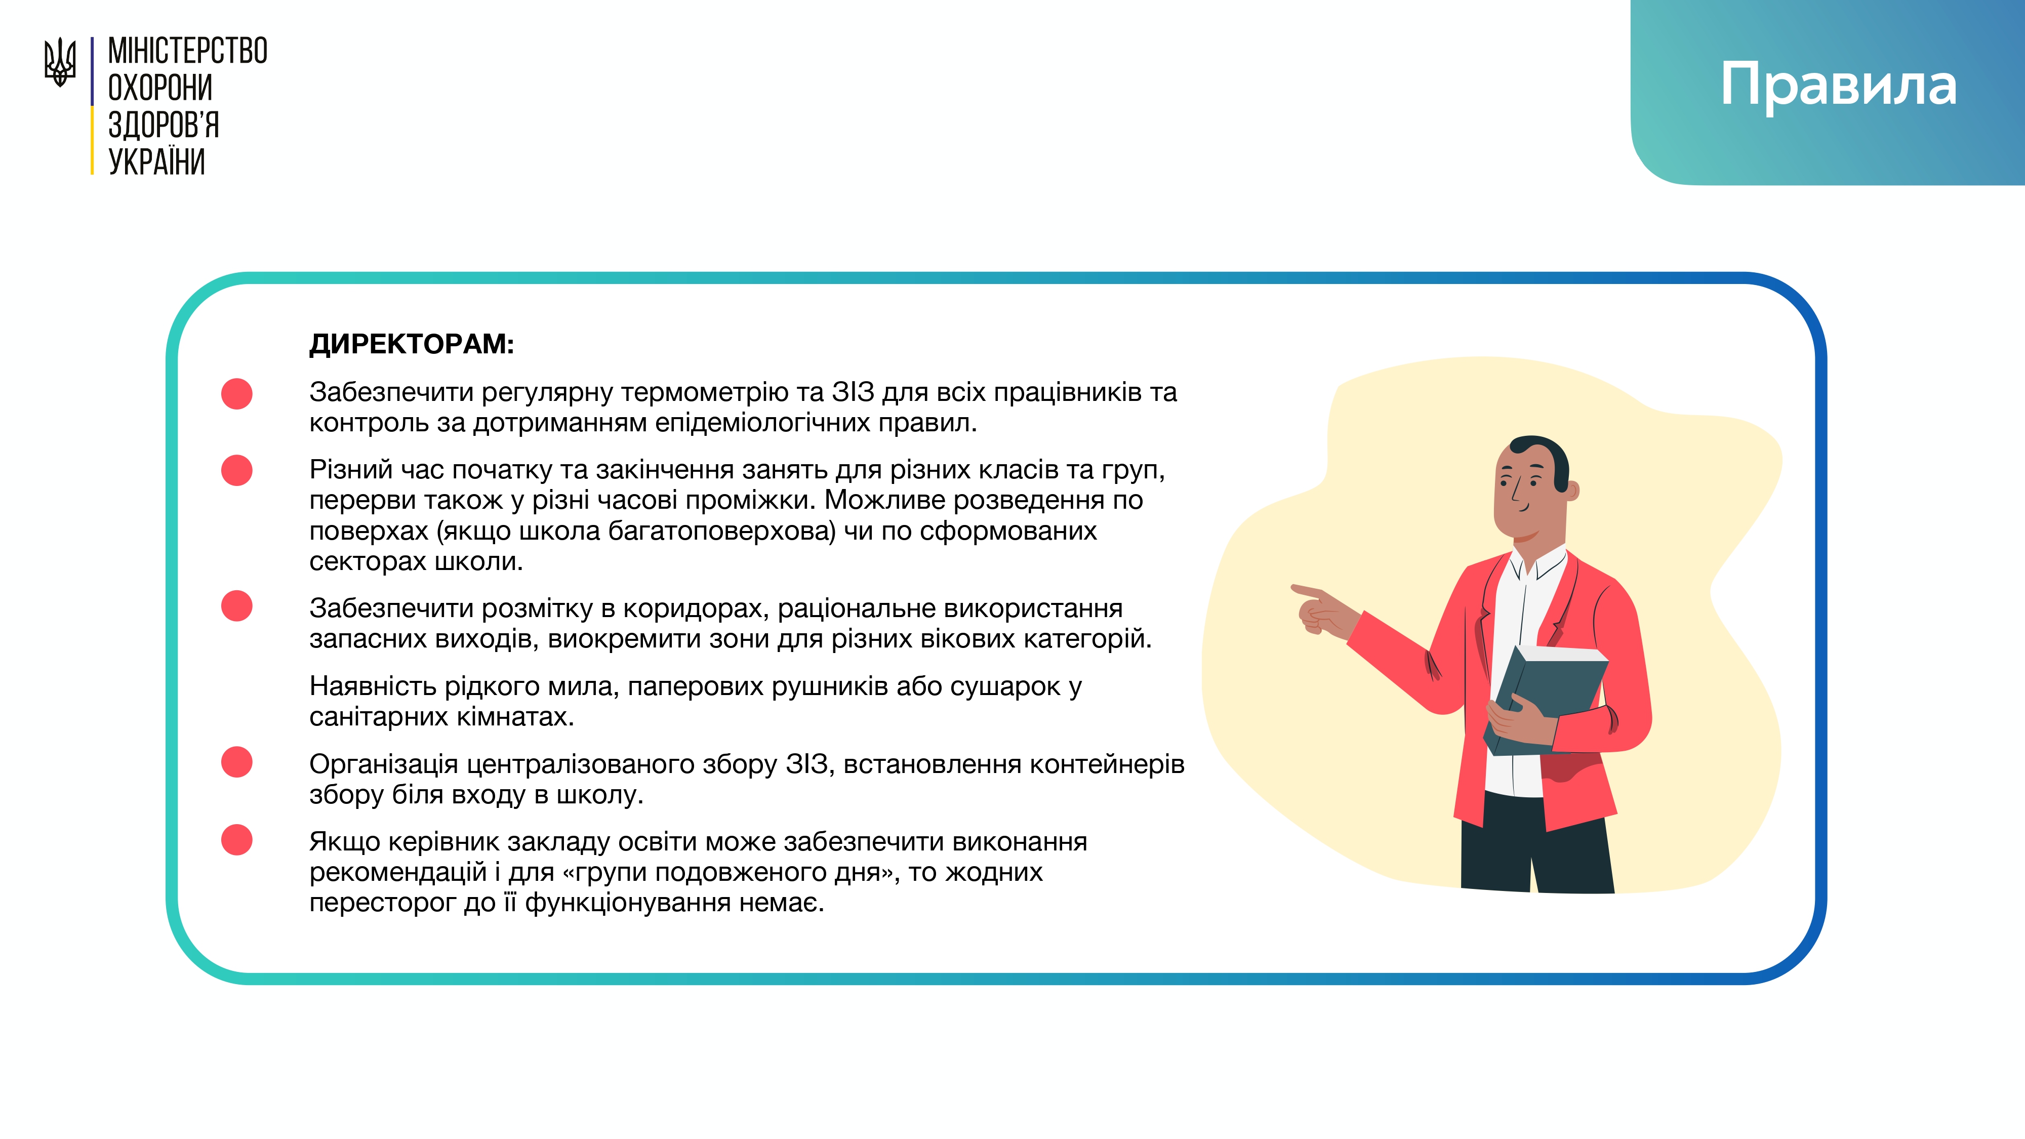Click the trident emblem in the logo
[x=60, y=62]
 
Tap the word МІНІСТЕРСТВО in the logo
[x=188, y=51]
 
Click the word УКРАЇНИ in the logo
[x=156, y=162]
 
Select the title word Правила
[x=1838, y=85]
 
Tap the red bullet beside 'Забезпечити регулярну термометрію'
[x=236, y=393]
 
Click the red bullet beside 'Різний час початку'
[x=236, y=470]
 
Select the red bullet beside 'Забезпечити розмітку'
[x=236, y=606]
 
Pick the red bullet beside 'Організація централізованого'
[x=236, y=762]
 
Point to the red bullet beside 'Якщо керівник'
[x=236, y=839]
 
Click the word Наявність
[x=374, y=686]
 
